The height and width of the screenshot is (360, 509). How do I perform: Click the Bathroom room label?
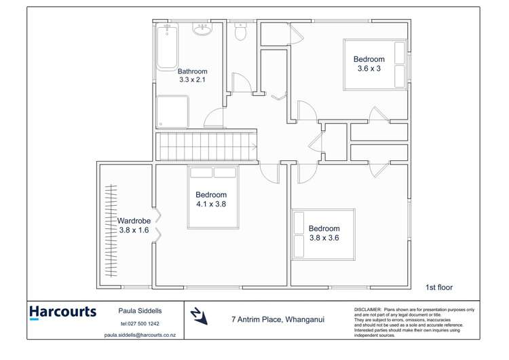pyautogui.click(x=192, y=71)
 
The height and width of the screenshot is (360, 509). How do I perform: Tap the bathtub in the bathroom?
pyautogui.click(x=167, y=46)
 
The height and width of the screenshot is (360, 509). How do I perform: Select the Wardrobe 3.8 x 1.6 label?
pyautogui.click(x=133, y=226)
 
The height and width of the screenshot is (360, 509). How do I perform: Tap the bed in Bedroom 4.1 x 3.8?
pyautogui.click(x=213, y=197)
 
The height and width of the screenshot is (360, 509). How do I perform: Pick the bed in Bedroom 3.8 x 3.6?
pyautogui.click(x=324, y=234)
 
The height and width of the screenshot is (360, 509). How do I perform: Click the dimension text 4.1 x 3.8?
pyautogui.click(x=211, y=204)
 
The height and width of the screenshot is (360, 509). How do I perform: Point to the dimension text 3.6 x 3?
pyautogui.click(x=369, y=68)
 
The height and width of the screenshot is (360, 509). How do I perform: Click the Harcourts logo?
pyautogui.click(x=62, y=312)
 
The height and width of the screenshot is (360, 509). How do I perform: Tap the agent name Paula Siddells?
pyautogui.click(x=140, y=310)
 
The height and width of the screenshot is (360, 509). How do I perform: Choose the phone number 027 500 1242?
pyautogui.click(x=140, y=323)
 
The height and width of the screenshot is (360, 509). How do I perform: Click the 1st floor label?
pyautogui.click(x=438, y=287)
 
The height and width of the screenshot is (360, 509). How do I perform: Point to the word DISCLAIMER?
pyautogui.click(x=367, y=310)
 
